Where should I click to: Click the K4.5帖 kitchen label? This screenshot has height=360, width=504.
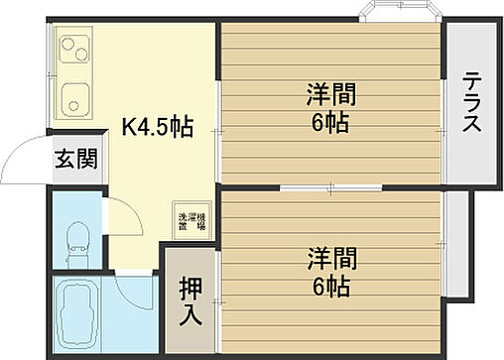coord(157,127)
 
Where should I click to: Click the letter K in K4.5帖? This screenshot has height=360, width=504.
coord(128,127)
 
